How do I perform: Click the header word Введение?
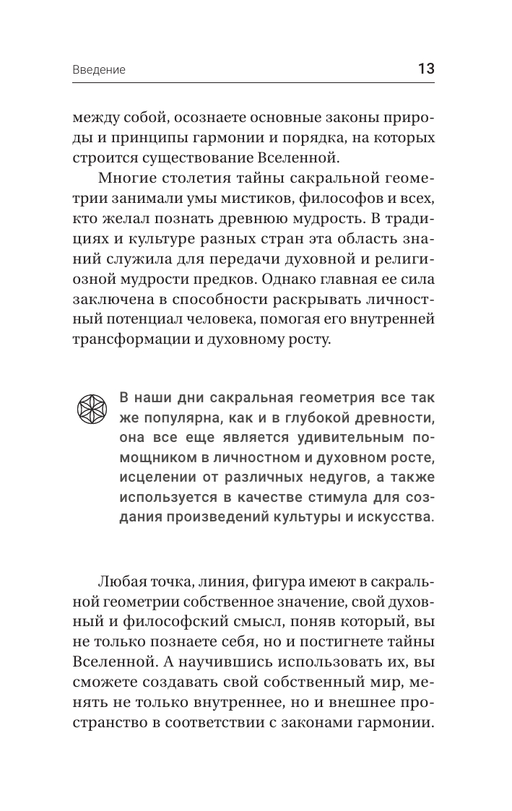pyautogui.click(x=99, y=70)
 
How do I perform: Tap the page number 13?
pyautogui.click(x=425, y=69)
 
